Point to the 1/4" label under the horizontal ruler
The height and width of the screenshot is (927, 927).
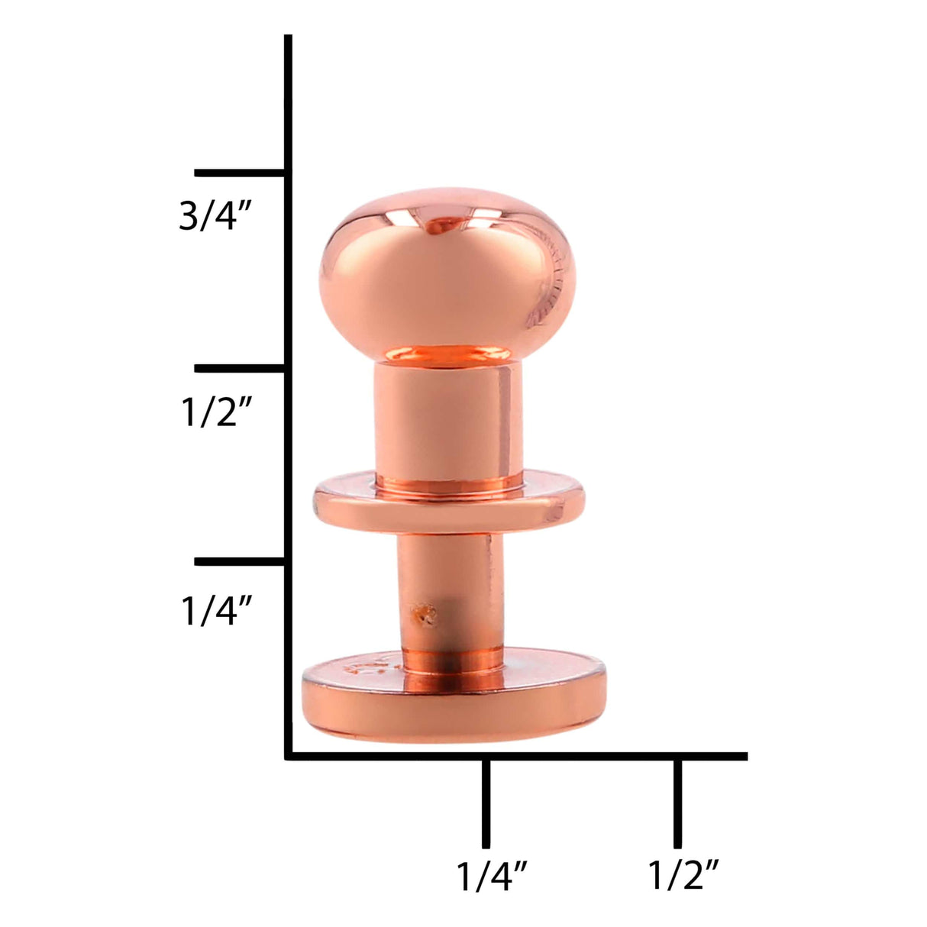(492, 876)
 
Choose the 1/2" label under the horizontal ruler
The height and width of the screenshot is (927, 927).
(683, 876)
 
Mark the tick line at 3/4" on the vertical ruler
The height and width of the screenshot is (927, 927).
(241, 173)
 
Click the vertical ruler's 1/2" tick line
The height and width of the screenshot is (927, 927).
(241, 369)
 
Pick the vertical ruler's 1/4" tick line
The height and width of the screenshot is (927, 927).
(241, 562)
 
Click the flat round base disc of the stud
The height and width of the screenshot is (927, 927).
(454, 699)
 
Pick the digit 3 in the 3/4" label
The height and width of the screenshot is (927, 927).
(188, 217)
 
